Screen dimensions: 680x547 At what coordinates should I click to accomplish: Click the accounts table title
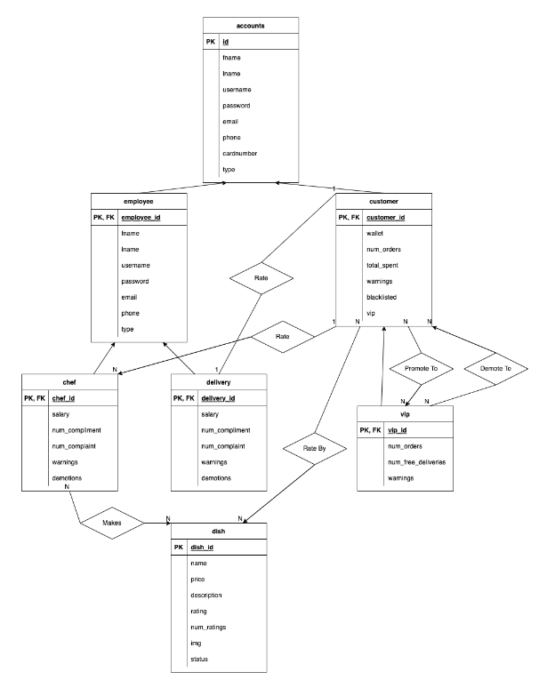tap(251, 26)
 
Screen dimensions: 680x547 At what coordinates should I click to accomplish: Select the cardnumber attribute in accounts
tap(240, 153)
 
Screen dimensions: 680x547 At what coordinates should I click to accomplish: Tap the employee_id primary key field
tap(141, 217)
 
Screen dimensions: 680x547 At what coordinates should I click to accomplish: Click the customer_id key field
tap(387, 217)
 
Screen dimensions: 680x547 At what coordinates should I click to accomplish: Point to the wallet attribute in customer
tap(375, 233)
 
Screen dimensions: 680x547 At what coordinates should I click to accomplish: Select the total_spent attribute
tap(383, 265)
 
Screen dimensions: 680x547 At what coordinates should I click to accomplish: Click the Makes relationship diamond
tap(111, 524)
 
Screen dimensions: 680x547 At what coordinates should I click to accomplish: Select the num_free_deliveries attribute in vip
tap(418, 462)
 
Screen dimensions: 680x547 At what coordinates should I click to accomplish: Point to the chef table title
tap(68, 382)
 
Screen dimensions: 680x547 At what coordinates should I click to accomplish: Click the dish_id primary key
tap(204, 547)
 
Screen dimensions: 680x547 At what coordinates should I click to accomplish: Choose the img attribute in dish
tap(196, 643)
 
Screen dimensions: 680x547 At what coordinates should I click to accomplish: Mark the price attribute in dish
tap(197, 579)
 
